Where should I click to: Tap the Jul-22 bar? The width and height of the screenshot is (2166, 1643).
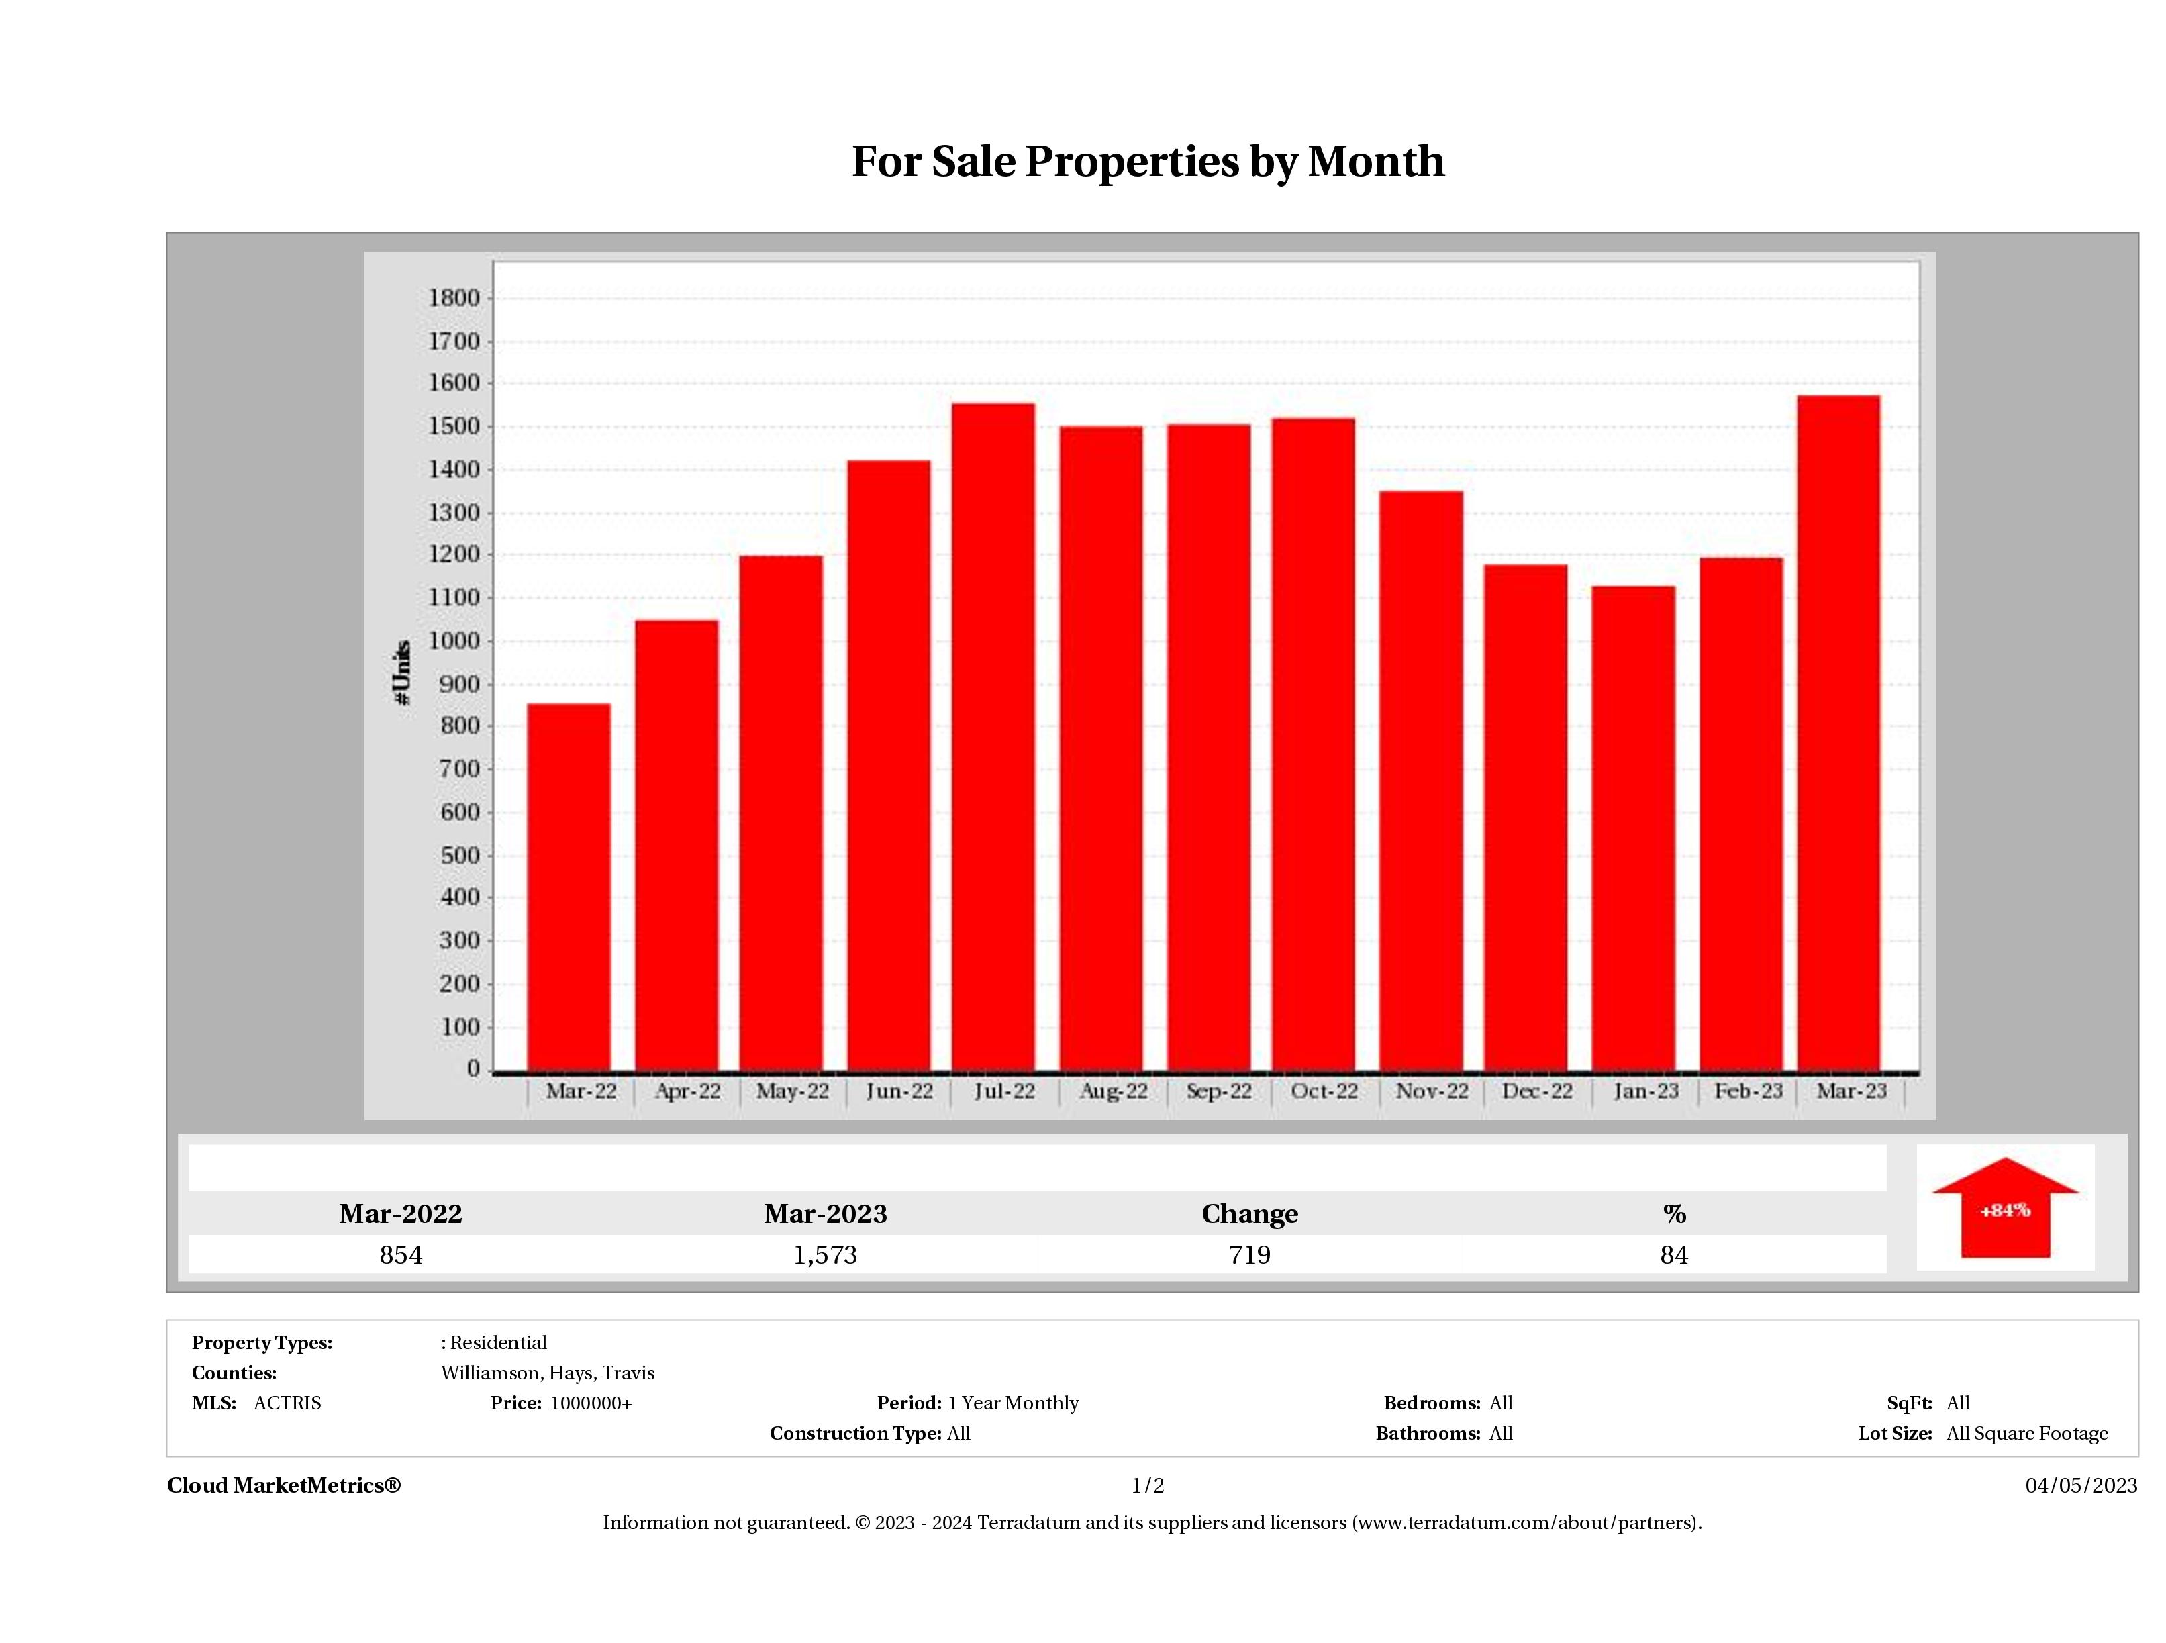tap(993, 736)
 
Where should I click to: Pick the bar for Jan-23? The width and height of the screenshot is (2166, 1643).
tap(1633, 828)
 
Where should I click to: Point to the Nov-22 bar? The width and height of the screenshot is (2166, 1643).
tap(1421, 781)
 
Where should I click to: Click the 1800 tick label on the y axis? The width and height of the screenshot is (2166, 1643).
tap(454, 297)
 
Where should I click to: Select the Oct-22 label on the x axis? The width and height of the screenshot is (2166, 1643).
tap(1324, 1091)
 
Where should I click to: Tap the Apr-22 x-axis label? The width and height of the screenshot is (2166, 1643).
tap(687, 1091)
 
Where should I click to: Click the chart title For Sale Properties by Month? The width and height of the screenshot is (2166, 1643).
tap(1148, 162)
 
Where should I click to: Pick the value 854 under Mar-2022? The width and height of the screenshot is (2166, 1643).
tap(401, 1254)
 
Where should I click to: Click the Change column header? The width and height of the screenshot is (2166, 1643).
tap(1250, 1213)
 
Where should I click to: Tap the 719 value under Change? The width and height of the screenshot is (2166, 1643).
tap(1250, 1254)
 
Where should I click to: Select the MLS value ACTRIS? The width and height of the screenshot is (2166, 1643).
tap(287, 1403)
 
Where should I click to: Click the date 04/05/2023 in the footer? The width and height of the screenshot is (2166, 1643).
tap(2081, 1485)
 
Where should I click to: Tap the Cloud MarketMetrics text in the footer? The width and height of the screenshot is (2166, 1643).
tap(284, 1485)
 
